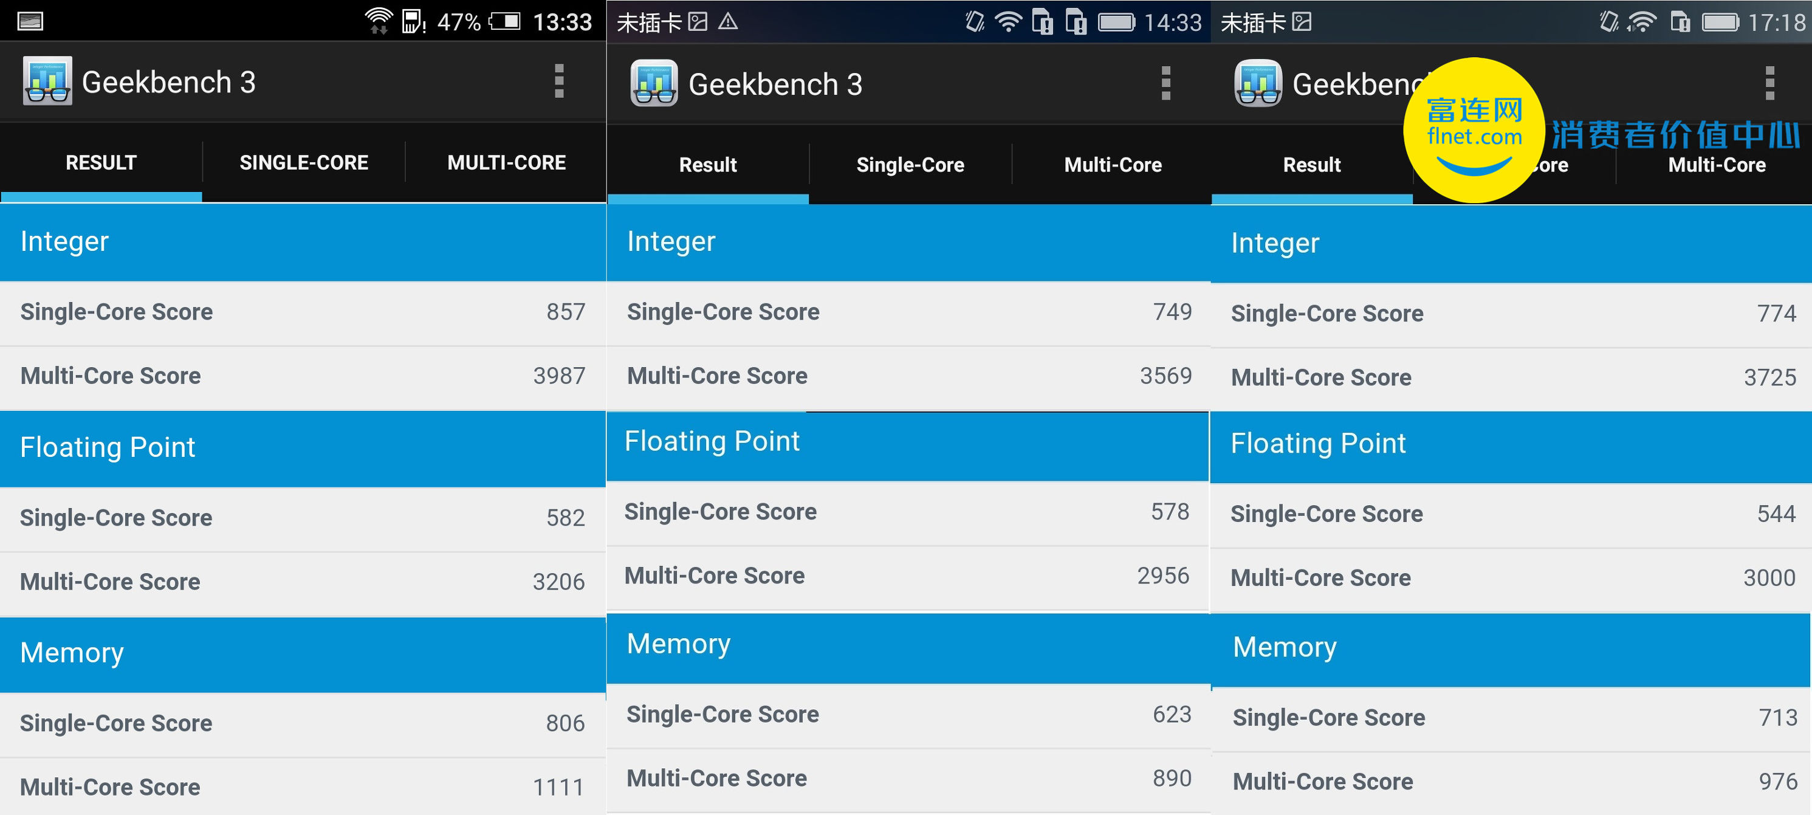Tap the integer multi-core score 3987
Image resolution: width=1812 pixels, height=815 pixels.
point(559,376)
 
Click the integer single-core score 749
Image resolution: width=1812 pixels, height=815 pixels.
point(1173,312)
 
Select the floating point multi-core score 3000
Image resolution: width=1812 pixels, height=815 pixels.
point(1769,578)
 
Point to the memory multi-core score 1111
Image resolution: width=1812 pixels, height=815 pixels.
point(558,787)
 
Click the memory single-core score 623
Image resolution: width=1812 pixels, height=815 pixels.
point(1172,714)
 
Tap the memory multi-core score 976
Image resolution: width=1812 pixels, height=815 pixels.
point(1777,781)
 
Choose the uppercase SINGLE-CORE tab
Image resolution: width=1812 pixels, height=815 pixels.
point(304,163)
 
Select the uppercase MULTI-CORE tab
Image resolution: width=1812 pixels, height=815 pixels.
point(506,163)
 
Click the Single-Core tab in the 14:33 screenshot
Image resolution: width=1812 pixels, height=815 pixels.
point(910,165)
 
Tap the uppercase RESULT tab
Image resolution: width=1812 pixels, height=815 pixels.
point(101,163)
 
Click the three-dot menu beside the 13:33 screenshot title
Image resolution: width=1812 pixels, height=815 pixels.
point(559,81)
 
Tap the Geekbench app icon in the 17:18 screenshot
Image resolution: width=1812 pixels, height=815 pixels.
point(1258,83)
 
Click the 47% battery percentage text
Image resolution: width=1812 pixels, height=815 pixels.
point(459,22)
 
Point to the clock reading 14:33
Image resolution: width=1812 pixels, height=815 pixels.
point(1173,22)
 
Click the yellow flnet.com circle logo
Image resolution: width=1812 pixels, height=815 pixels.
point(1474,130)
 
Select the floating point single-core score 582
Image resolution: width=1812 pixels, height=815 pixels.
point(566,517)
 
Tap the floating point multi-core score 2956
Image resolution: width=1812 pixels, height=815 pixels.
point(1164,576)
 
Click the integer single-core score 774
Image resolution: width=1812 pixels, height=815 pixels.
point(1777,313)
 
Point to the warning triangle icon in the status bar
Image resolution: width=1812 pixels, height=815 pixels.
point(728,22)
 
